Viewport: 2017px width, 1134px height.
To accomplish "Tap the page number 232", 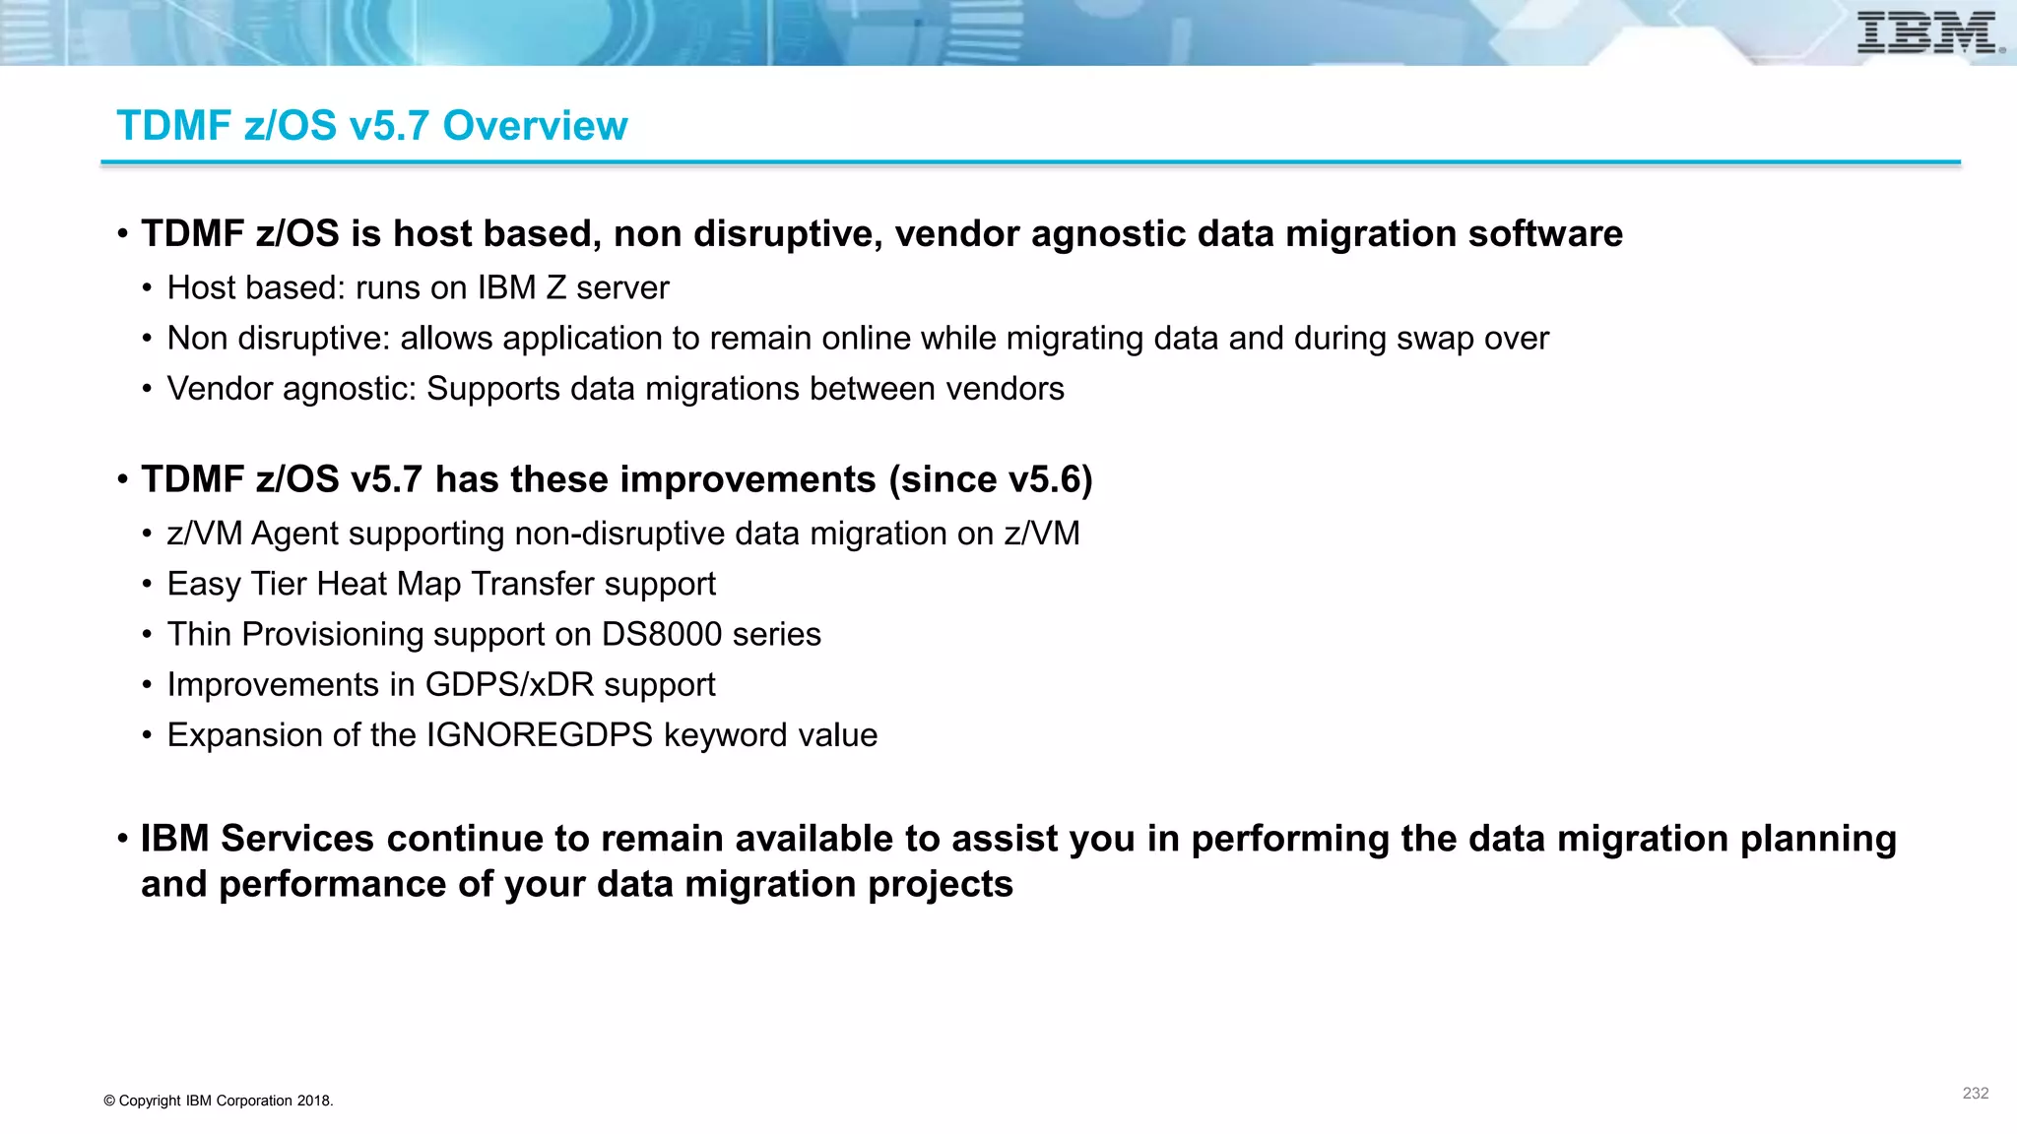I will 1975,1093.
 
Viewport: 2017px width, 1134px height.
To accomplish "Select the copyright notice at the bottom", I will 219,1101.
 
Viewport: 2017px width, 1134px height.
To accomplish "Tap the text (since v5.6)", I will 991,479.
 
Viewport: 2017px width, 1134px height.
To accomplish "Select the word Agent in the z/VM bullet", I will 293,534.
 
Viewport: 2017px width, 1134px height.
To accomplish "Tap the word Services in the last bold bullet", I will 297,839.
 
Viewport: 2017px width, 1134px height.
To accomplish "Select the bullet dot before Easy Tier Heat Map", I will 147,585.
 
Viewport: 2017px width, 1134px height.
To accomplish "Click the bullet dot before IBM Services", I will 123,840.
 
